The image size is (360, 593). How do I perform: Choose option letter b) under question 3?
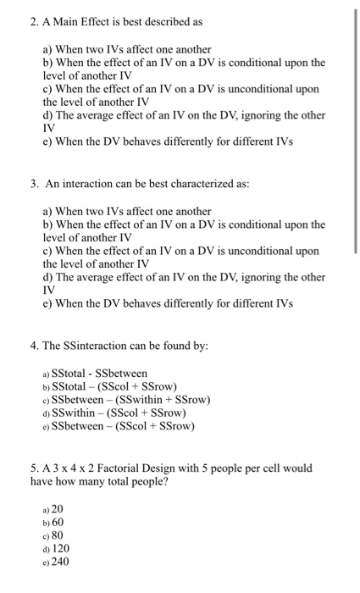pos(47,224)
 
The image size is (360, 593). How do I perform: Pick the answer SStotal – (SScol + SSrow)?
pos(114,387)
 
